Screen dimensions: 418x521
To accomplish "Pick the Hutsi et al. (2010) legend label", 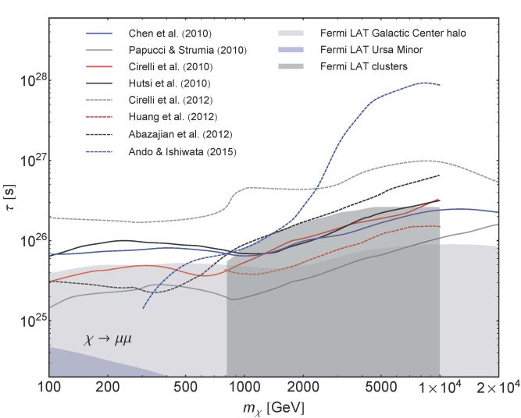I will pyautogui.click(x=162, y=83).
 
